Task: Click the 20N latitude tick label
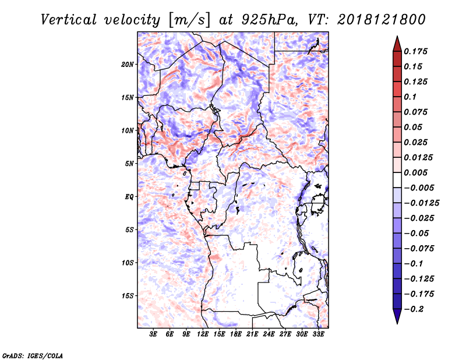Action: pos(128,65)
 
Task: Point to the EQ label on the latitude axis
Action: pos(129,197)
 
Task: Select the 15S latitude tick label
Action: pos(128,296)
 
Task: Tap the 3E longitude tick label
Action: pos(153,334)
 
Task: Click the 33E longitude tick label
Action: pos(318,334)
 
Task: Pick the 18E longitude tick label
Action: pos(236,334)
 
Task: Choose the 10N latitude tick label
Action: pos(128,130)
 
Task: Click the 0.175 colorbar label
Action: pos(415,51)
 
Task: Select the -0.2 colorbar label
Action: pos(414,309)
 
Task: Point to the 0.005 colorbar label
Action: pos(415,172)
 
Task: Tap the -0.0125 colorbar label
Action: pos(421,203)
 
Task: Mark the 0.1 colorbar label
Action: pos(410,97)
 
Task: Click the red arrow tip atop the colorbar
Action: pos(397,37)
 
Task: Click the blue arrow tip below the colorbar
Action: pos(397,323)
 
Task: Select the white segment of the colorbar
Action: pos(397,180)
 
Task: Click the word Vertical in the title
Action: pos(69,20)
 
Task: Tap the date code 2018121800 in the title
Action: pos(382,20)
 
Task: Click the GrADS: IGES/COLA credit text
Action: pos(33,355)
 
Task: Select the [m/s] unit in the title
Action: pos(189,20)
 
